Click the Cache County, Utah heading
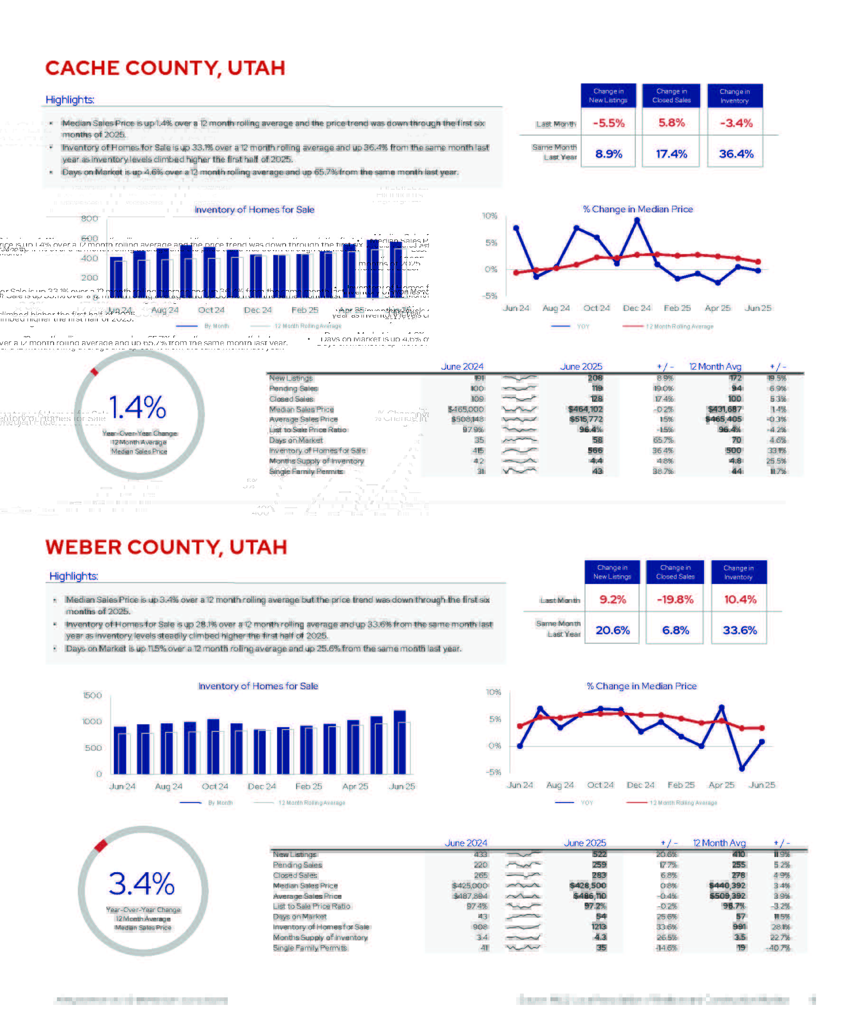pos(165,68)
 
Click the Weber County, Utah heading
pos(166,547)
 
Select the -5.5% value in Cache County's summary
pos(608,123)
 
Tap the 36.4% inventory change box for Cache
pos(735,154)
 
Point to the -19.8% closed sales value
pos(675,600)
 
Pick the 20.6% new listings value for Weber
pos(612,630)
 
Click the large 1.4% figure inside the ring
pos(138,408)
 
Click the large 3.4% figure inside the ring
pos(141,884)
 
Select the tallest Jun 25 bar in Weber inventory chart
pos(399,742)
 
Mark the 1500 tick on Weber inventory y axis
pos(93,695)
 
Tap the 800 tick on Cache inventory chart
pos(89,219)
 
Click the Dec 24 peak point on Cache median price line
pos(637,220)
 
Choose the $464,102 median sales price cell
pos(585,410)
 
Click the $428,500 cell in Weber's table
pos(588,885)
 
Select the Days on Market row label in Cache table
pos(296,440)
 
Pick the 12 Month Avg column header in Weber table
pos(719,843)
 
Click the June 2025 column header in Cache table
pos(581,367)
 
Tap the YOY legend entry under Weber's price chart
pos(586,803)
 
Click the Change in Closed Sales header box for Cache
pos(671,96)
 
